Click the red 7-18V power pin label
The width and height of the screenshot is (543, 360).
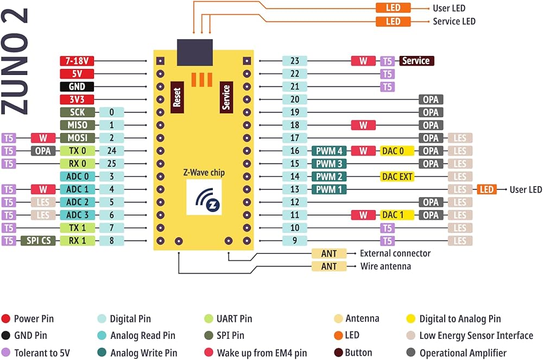point(76,61)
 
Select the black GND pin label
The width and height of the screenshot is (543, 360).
point(76,87)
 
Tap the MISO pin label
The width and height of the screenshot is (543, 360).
point(76,125)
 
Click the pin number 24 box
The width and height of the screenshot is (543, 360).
point(111,151)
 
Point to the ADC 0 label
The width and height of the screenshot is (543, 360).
point(76,176)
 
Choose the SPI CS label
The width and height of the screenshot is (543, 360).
point(38,241)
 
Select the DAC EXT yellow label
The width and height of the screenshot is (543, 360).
point(397,176)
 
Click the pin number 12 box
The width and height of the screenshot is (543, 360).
point(295,202)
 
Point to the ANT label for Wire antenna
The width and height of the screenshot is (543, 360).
point(329,267)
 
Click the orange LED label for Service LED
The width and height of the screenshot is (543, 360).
point(393,22)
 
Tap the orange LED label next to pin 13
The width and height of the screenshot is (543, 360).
point(487,190)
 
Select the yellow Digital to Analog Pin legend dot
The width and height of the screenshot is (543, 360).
point(411,319)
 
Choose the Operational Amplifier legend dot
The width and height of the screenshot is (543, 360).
point(411,353)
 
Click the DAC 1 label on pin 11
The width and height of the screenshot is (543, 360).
point(397,215)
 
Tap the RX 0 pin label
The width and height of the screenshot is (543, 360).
point(76,163)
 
